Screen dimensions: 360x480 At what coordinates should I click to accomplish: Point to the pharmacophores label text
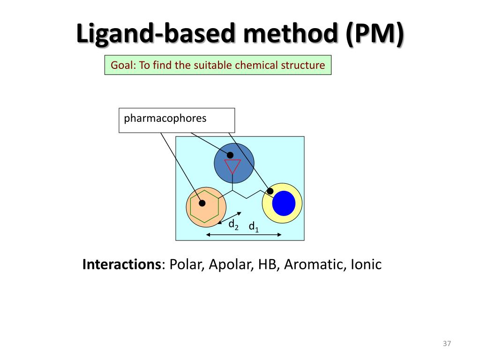pyautogui.click(x=165, y=118)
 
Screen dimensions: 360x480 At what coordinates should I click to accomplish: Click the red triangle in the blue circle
pyautogui.click(x=232, y=166)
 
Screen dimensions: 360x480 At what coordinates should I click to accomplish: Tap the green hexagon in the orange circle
pyautogui.click(x=205, y=207)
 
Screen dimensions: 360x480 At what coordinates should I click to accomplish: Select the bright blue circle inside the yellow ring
pyautogui.click(x=284, y=203)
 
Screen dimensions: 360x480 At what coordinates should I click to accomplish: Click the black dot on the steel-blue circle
pyautogui.click(x=230, y=155)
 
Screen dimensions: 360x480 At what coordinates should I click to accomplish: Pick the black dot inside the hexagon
pyautogui.click(x=202, y=203)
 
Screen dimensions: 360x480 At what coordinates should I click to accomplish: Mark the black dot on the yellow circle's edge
pyautogui.click(x=270, y=191)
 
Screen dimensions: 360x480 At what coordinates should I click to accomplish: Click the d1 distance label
pyautogui.click(x=254, y=227)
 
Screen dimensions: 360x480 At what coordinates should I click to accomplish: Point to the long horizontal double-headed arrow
pyautogui.click(x=244, y=234)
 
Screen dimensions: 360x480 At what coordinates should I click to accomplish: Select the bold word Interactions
pyautogui.click(x=121, y=265)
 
